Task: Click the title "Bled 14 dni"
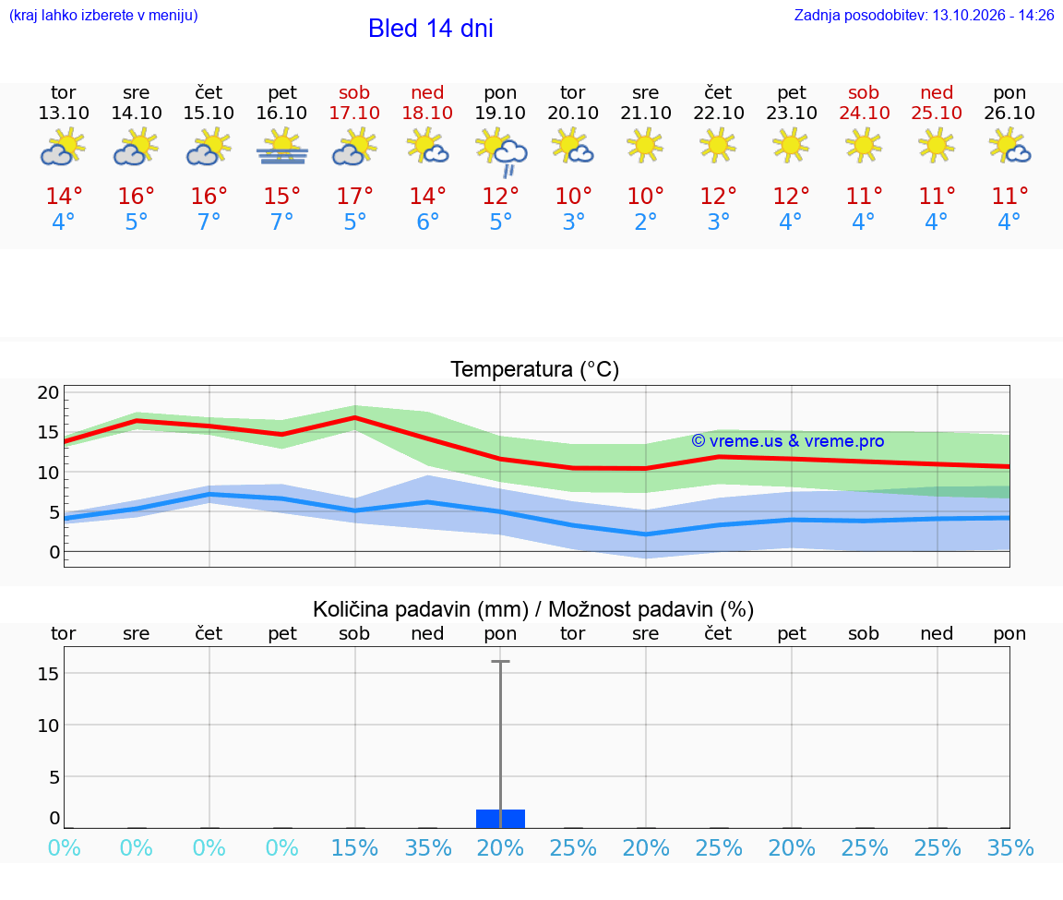[x=431, y=29]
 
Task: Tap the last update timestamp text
[x=924, y=15]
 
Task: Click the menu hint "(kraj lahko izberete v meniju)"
[x=103, y=15]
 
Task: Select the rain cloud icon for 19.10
[x=501, y=152]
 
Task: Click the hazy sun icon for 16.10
[x=282, y=149]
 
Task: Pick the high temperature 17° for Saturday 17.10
[x=354, y=196]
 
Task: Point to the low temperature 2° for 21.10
[x=645, y=222]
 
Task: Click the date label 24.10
[x=864, y=113]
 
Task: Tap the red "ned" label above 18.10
[x=427, y=92]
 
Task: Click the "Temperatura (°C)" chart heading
[x=535, y=369]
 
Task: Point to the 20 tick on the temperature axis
[x=48, y=392]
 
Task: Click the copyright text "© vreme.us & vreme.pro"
[x=788, y=441]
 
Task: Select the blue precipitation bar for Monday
[x=500, y=819]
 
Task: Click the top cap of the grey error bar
[x=500, y=661]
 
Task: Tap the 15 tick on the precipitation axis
[x=48, y=674]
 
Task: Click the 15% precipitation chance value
[x=354, y=847]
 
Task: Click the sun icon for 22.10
[x=717, y=147]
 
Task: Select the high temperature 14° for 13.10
[x=64, y=196]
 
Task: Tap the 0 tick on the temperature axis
[x=54, y=552]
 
